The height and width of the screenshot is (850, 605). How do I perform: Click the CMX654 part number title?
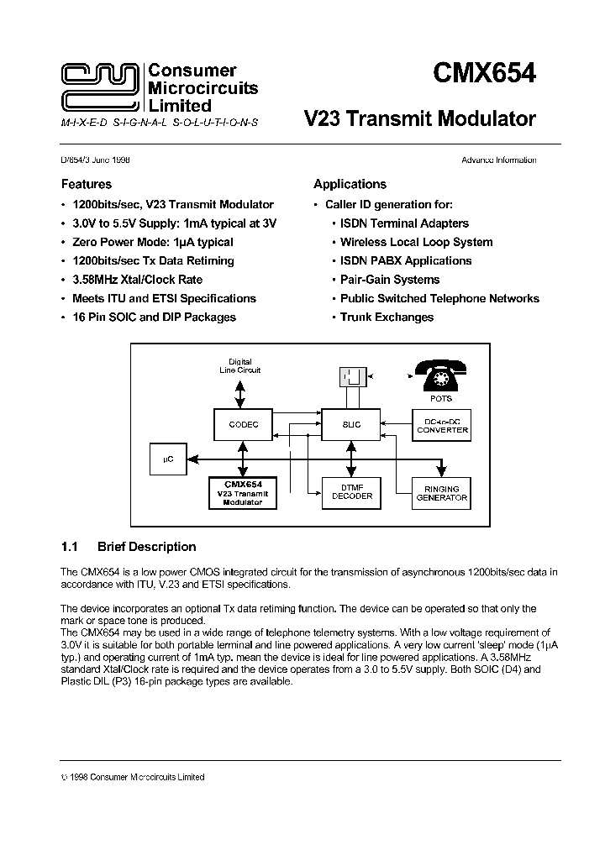point(483,74)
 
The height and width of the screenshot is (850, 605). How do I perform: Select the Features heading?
point(86,184)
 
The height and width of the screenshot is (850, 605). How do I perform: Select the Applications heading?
point(350,184)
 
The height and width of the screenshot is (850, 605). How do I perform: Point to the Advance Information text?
point(498,160)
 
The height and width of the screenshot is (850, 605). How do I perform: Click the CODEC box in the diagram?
point(244,425)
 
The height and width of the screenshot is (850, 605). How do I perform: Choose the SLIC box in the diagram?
point(352,425)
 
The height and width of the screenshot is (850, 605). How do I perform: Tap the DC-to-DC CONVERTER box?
point(442,425)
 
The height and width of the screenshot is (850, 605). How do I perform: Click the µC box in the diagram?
point(167,459)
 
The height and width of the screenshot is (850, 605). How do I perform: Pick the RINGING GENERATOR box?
point(442,493)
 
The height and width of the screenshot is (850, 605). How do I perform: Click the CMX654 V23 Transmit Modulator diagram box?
point(244,493)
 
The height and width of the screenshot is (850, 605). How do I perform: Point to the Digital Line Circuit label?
point(239,365)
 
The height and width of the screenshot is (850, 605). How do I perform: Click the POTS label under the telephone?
point(440,400)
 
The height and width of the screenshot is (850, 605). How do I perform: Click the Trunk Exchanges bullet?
point(387,317)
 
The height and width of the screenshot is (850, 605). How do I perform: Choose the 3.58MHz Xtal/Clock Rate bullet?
point(137,280)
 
